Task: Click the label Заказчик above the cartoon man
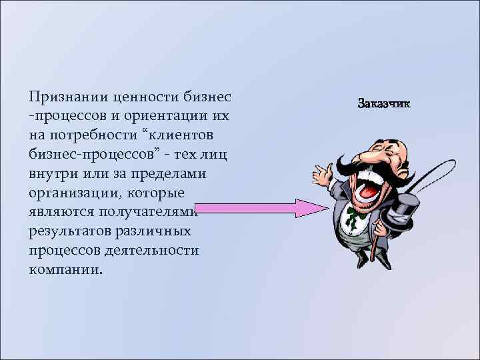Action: pyautogui.click(x=384, y=104)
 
